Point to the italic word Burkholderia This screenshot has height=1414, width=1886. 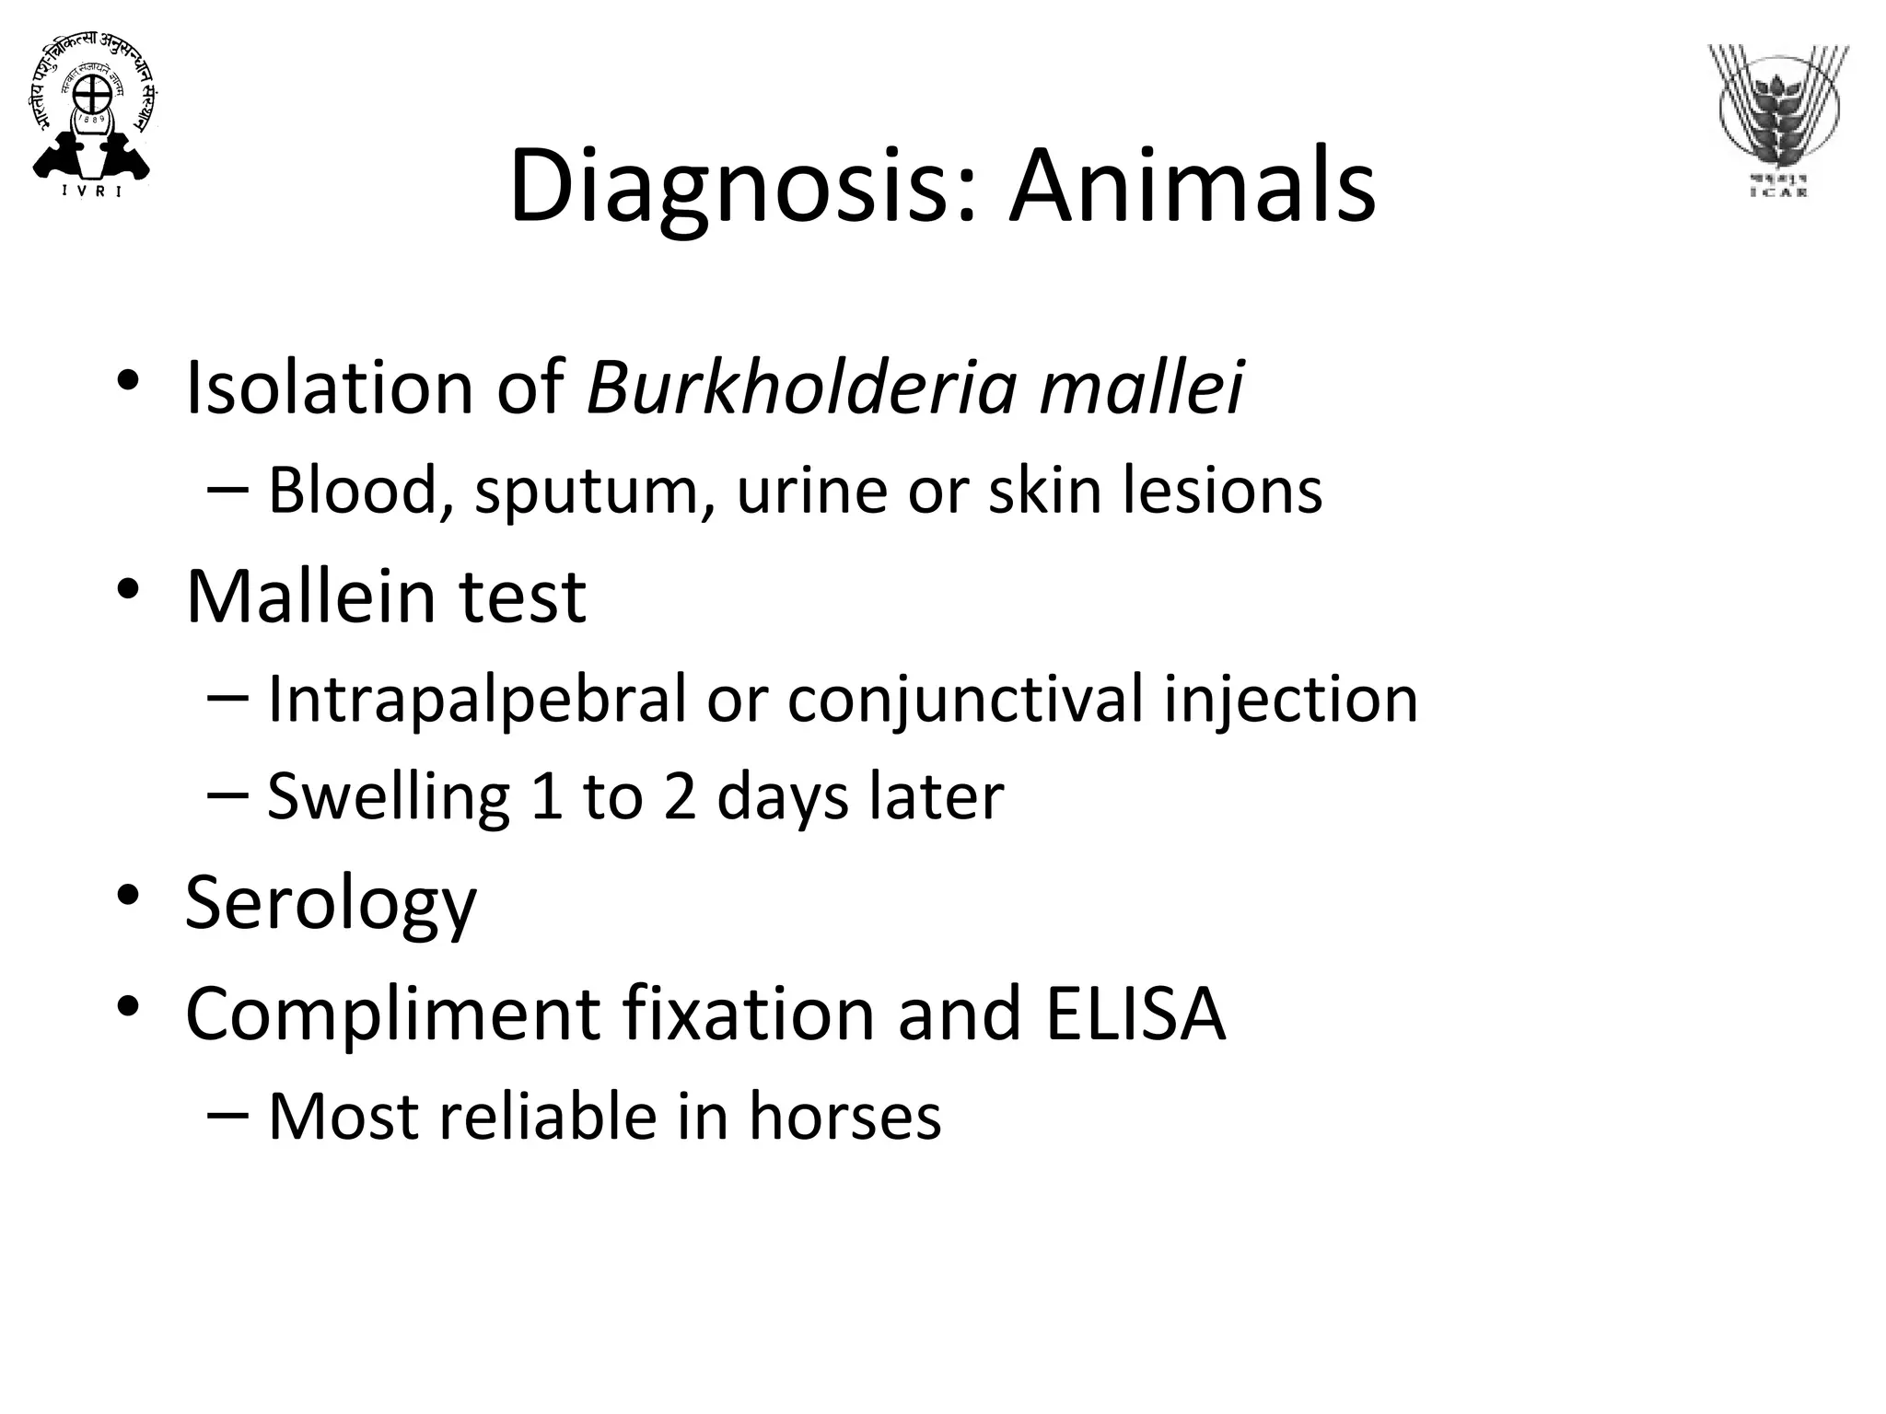(801, 388)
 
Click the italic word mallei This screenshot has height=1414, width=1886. (1141, 388)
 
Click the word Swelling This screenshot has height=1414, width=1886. (388, 797)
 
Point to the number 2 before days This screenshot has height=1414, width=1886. (680, 797)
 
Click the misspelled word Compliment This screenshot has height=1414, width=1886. (392, 1014)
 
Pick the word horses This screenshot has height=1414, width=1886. (844, 1117)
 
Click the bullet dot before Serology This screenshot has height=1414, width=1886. (127, 895)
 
